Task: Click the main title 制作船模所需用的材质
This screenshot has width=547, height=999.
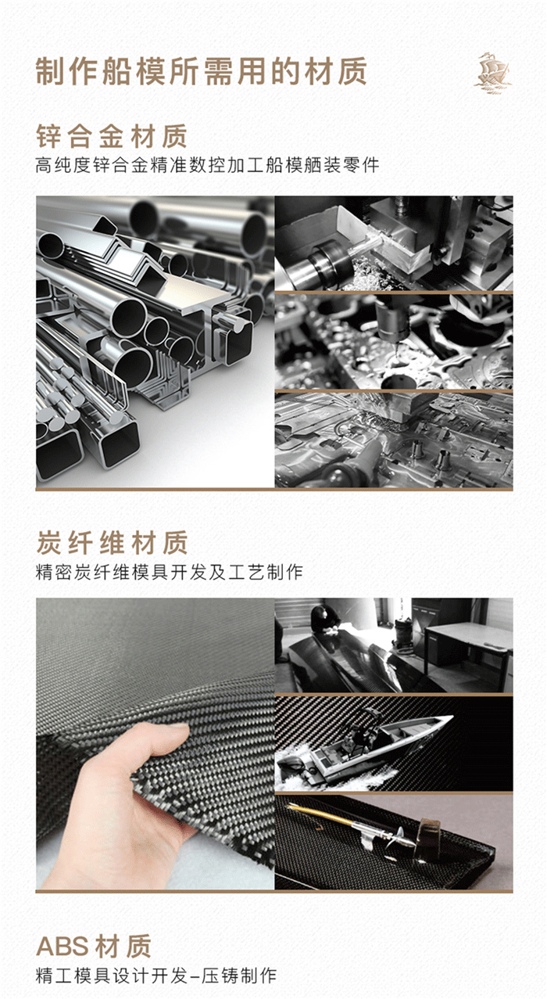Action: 201,72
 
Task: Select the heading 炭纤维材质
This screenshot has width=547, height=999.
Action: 112,542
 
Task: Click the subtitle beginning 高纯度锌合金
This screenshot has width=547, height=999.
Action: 207,166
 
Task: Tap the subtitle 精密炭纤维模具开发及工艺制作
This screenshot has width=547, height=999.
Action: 169,572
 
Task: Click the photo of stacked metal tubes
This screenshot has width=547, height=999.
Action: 155,342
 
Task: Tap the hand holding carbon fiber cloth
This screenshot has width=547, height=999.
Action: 117,806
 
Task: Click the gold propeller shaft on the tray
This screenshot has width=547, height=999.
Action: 344,817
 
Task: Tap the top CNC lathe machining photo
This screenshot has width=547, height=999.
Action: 394,243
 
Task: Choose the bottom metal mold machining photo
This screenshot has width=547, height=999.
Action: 394,440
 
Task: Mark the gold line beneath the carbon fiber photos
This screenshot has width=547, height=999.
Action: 273,892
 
